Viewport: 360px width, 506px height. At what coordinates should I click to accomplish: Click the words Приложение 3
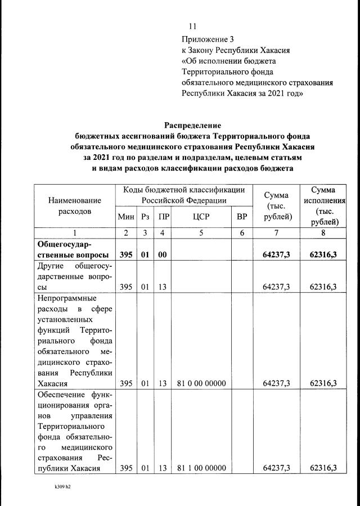point(207,39)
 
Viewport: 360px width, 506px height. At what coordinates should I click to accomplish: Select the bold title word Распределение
point(192,125)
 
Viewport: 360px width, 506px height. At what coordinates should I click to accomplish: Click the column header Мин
point(125,217)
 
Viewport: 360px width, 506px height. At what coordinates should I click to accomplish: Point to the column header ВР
point(242,217)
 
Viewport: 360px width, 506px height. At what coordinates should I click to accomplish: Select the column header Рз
point(146,217)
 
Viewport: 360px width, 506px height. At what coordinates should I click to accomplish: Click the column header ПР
point(163,217)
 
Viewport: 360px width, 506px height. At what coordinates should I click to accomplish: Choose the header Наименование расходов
point(75,205)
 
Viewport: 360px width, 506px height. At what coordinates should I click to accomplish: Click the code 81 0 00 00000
point(201,384)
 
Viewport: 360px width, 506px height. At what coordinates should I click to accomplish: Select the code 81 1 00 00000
point(201,468)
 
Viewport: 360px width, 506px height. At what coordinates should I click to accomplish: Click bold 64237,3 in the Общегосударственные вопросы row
point(276,255)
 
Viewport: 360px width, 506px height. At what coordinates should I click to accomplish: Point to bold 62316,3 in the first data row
point(323,255)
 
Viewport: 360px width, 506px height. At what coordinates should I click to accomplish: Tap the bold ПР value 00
point(163,255)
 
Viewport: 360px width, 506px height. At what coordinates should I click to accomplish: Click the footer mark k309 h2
point(58,487)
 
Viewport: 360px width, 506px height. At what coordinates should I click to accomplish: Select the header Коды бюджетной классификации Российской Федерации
point(184,195)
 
